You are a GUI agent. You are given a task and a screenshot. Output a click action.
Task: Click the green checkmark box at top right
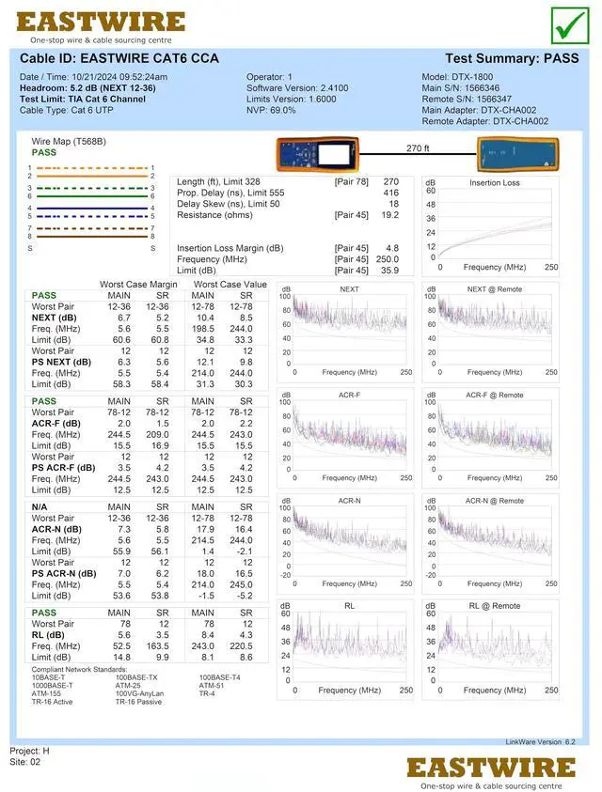click(570, 23)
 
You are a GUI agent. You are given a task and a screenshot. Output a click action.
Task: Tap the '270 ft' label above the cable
click(418, 148)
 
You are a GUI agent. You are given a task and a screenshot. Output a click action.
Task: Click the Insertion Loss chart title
click(494, 183)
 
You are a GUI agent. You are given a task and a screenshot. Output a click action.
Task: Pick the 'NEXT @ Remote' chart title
click(495, 289)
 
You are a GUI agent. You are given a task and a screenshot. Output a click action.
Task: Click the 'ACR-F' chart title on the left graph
click(349, 395)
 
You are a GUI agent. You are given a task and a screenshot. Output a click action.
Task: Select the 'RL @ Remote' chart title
click(495, 606)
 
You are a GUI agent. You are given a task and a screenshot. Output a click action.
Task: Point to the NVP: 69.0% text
click(271, 110)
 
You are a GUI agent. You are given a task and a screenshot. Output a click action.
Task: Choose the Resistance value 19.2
click(389, 215)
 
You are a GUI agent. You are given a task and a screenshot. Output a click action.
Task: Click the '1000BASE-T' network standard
click(53, 685)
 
